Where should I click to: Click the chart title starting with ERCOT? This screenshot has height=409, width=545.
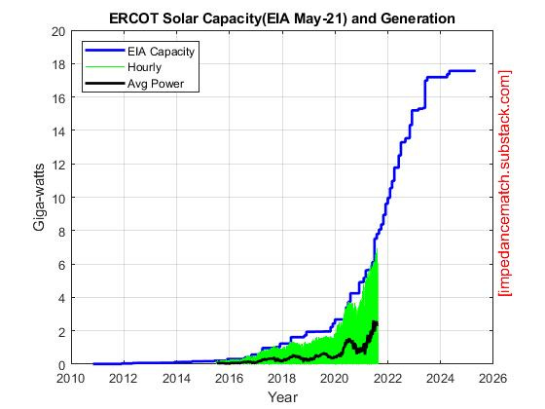pos(281,18)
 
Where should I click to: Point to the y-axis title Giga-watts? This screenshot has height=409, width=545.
pos(39,198)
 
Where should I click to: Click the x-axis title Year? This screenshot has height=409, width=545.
pos(282,397)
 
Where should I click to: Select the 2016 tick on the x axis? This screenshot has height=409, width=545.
pos(229,379)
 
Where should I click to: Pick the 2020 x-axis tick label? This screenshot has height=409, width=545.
pos(335,379)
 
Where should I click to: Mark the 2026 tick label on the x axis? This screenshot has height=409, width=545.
pos(493,379)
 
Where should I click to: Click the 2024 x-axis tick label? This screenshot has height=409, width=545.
pos(440,379)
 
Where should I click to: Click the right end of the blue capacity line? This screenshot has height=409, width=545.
pos(475,71)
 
